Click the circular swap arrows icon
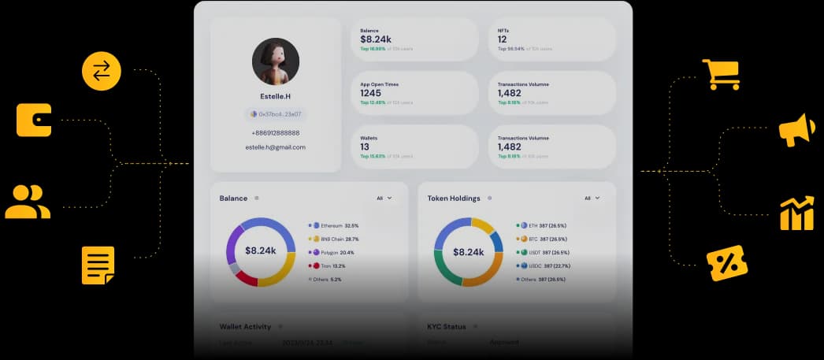click(x=102, y=71)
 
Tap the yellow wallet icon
click(x=34, y=121)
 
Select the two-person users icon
click(x=28, y=202)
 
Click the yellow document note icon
click(x=98, y=265)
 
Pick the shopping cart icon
click(x=721, y=75)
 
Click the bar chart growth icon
click(x=796, y=213)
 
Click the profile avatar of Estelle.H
click(x=275, y=61)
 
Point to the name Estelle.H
click(x=275, y=96)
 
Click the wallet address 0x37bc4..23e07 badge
click(x=276, y=114)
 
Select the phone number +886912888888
click(x=275, y=133)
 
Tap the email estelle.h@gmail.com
click(x=275, y=147)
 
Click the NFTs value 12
click(x=503, y=39)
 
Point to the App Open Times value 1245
click(x=371, y=93)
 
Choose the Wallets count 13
click(x=365, y=147)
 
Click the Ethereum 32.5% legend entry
click(x=335, y=225)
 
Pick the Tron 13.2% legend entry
click(x=330, y=266)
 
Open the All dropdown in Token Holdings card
click(x=592, y=199)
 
